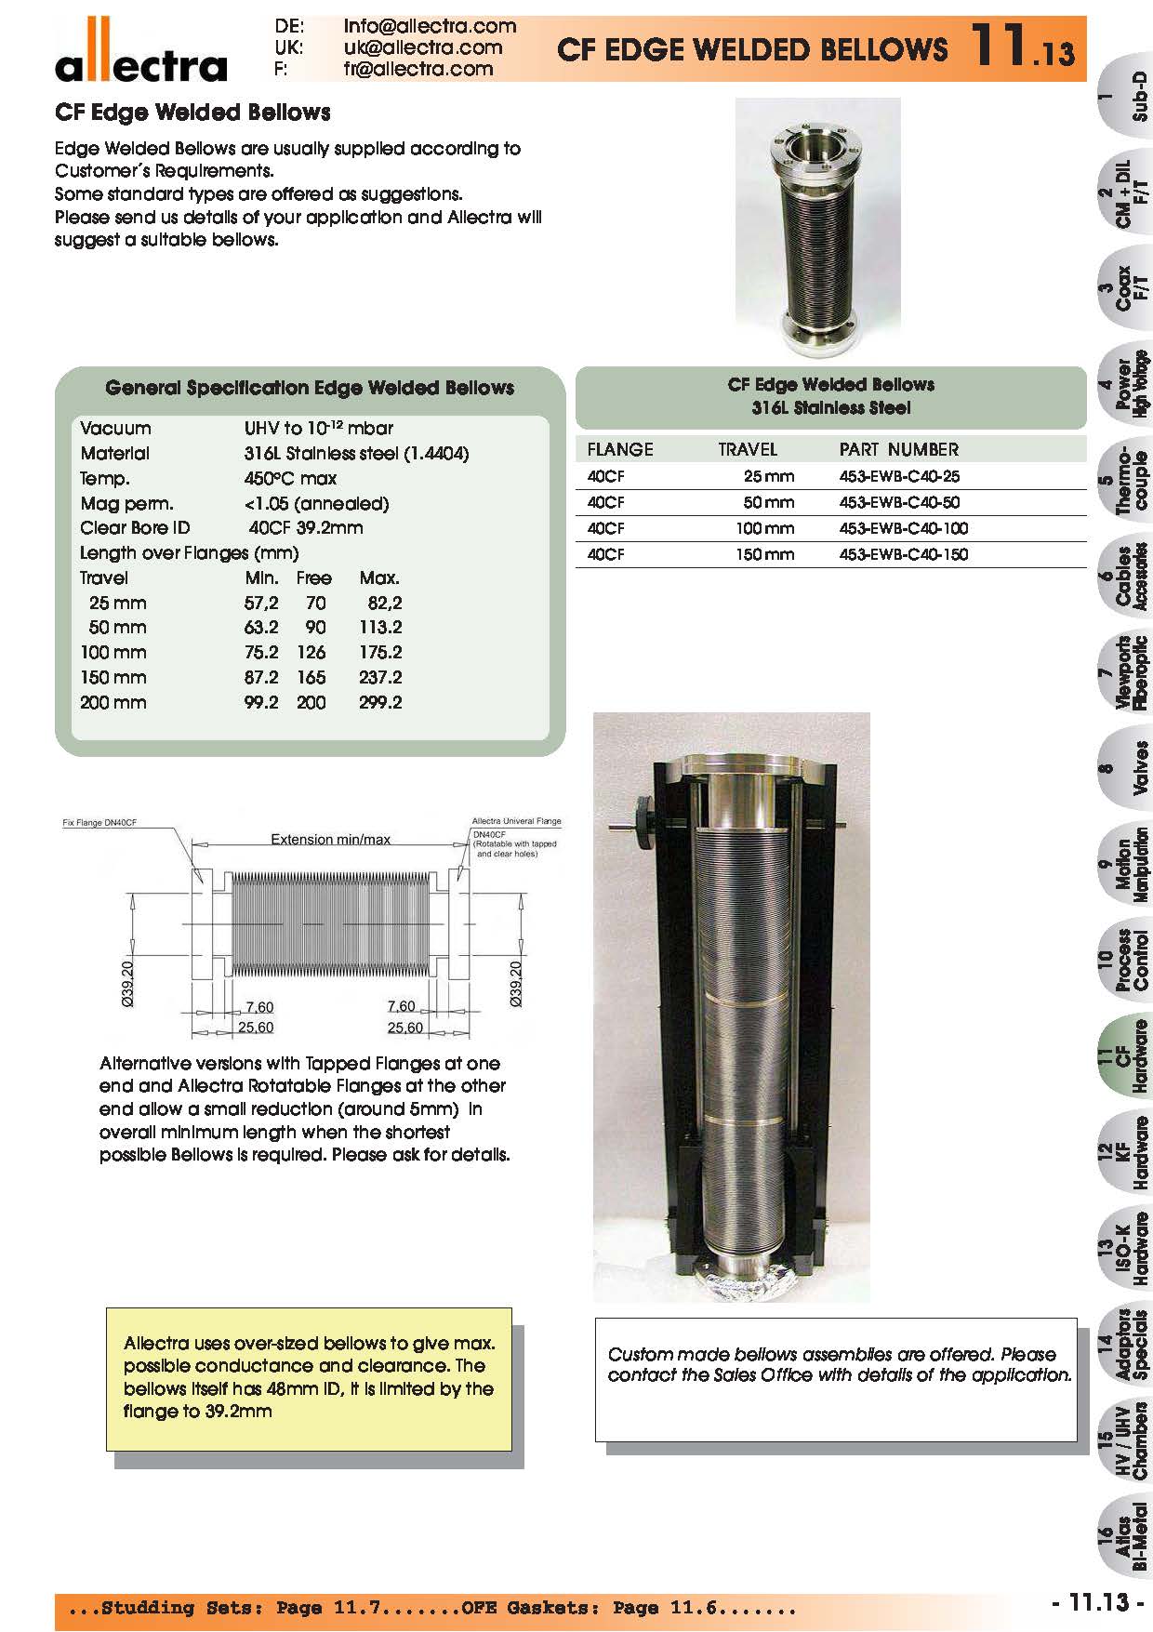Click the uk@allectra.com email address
coord(422,47)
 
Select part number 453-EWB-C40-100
coord(903,528)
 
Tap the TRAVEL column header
coord(747,449)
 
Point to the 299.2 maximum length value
coord(380,702)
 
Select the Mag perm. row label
coord(114,503)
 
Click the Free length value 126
coord(311,652)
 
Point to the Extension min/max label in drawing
coord(330,839)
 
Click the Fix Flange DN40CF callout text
coord(105,823)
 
